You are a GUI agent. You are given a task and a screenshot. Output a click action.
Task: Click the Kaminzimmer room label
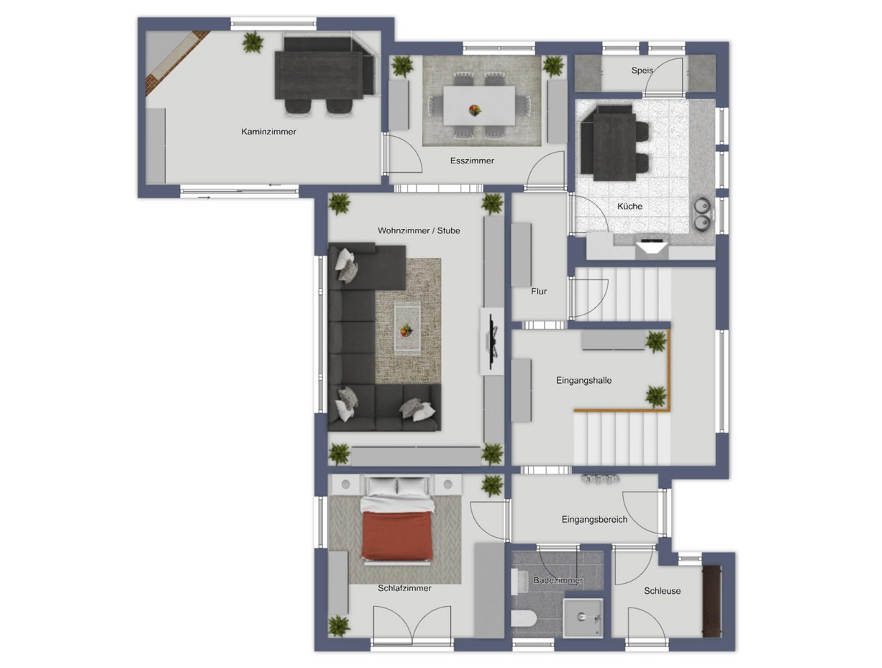pos(268,132)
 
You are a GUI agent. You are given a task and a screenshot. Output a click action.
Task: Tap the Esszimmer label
pos(472,161)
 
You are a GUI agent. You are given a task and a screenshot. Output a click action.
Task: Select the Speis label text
pos(642,71)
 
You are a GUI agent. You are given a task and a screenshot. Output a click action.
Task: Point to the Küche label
pos(629,206)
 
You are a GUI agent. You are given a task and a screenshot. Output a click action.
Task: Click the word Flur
pos(538,292)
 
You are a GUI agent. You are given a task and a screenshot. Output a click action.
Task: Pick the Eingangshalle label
pos(583,380)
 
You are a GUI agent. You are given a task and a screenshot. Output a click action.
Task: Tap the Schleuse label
pos(662,591)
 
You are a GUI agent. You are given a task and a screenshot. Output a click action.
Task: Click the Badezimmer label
pos(558,580)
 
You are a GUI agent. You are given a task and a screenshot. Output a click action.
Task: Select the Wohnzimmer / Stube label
pos(419,231)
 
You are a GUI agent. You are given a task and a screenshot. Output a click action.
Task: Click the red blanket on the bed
pos(397,535)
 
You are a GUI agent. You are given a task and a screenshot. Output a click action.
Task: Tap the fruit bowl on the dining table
pos(475,110)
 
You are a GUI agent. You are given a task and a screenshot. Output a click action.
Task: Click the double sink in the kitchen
pos(702,215)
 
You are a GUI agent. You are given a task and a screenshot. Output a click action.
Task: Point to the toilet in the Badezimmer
pos(523,619)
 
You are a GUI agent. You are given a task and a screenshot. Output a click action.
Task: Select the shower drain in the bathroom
pos(581,615)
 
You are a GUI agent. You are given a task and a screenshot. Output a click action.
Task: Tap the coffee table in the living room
pos(407,329)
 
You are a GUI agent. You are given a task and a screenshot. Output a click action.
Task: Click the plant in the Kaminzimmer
pos(253,42)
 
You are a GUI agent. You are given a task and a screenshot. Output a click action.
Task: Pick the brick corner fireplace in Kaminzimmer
pos(177,63)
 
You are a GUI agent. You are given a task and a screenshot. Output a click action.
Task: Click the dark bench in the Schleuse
pos(711,601)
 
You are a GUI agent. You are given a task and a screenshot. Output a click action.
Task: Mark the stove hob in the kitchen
pos(652,240)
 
